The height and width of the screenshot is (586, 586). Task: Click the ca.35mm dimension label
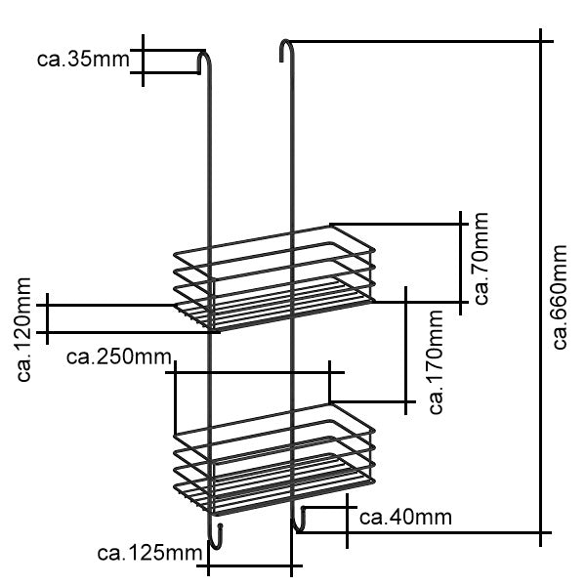click(x=82, y=60)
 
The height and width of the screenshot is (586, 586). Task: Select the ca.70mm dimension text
click(x=481, y=262)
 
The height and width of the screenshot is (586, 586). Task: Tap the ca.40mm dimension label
click(x=404, y=517)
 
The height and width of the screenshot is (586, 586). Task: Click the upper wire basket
click(x=273, y=278)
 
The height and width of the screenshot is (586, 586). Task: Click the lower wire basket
click(x=273, y=459)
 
